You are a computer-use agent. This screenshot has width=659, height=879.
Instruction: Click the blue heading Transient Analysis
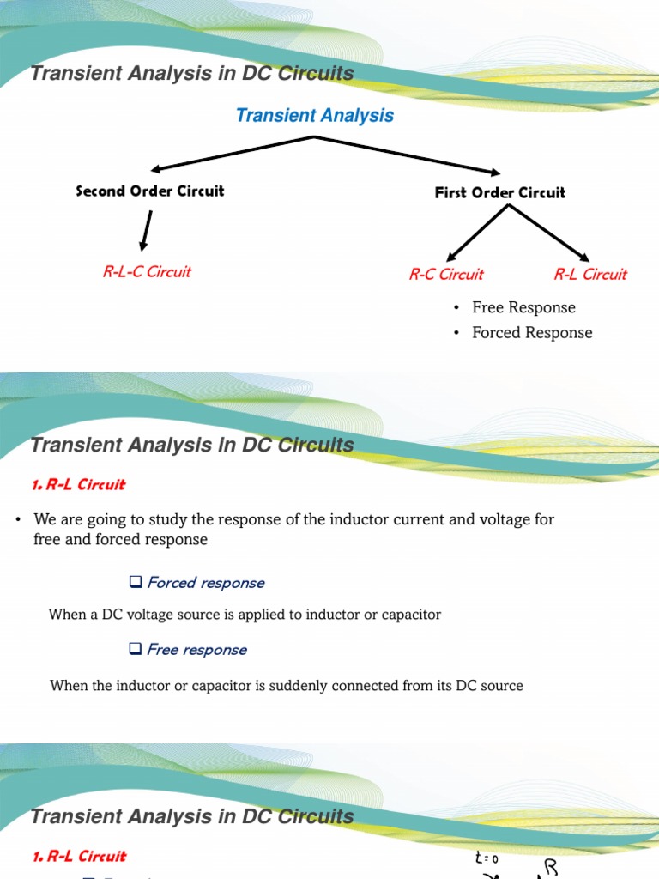tap(315, 116)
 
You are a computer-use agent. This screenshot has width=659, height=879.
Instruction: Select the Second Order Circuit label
tap(150, 191)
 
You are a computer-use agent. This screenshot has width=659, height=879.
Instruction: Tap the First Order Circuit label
tap(500, 193)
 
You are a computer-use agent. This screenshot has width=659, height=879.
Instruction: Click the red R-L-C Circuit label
tap(147, 272)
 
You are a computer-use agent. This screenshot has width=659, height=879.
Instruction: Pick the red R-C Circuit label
tap(446, 275)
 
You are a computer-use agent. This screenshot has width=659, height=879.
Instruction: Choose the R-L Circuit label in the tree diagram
tap(590, 275)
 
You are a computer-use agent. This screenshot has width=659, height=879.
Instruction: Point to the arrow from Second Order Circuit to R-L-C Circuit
tap(147, 230)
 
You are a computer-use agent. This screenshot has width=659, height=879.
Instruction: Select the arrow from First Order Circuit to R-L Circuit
tap(558, 233)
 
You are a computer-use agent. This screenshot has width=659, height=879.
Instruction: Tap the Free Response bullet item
tap(523, 307)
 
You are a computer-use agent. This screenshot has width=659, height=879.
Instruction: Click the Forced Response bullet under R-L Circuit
tap(532, 332)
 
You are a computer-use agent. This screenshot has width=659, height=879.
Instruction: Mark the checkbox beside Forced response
tap(136, 583)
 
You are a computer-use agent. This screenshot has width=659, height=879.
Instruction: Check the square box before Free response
tap(136, 650)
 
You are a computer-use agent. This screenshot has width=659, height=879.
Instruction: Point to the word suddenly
tap(342, 685)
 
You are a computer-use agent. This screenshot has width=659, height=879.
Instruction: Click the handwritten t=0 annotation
tap(486, 858)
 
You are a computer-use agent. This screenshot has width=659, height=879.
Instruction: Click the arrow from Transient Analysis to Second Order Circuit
tap(232, 154)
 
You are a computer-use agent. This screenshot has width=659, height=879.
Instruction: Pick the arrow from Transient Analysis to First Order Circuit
tap(408, 155)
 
